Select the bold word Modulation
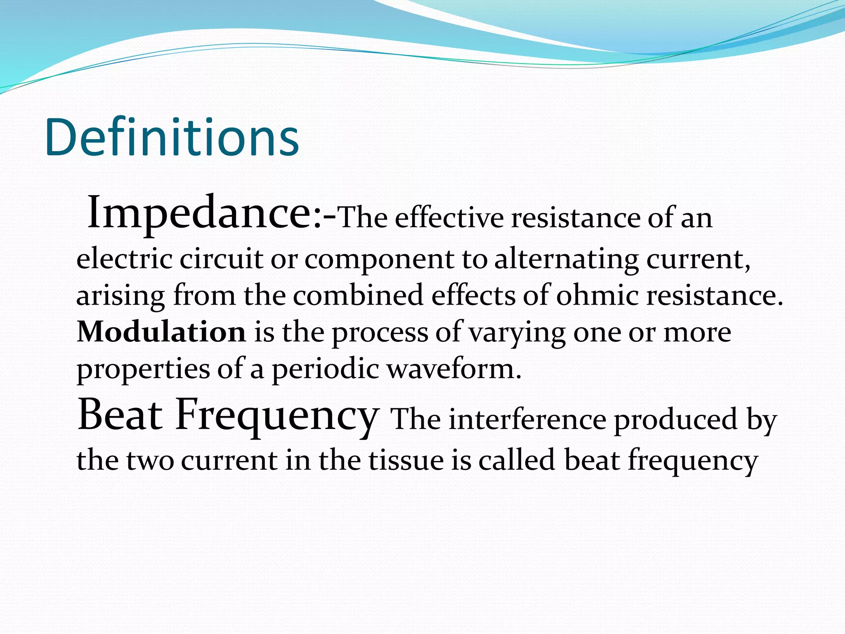pyautogui.click(x=161, y=332)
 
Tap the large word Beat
pyautogui.click(x=120, y=415)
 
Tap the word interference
pyautogui.click(x=527, y=420)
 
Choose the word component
pyautogui.click(x=379, y=260)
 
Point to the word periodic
pyautogui.click(x=326, y=369)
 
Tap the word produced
pyautogui.click(x=675, y=420)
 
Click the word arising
pyautogui.click(x=120, y=296)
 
